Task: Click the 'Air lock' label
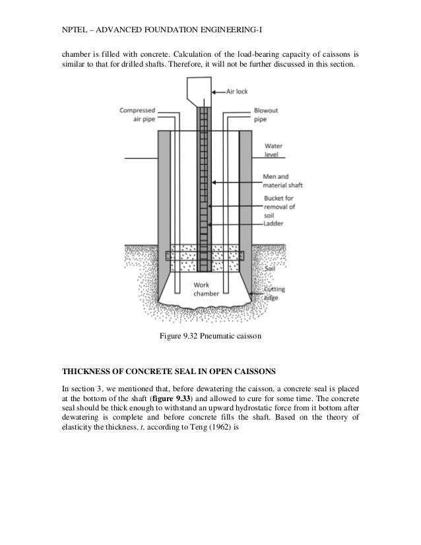click(240, 92)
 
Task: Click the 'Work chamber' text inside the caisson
click(201, 289)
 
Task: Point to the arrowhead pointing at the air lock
click(212, 92)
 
